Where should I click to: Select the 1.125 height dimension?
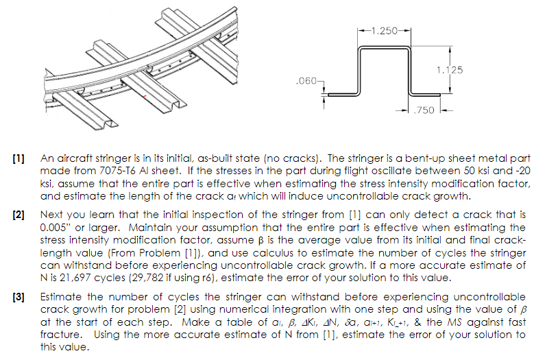(x=449, y=70)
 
